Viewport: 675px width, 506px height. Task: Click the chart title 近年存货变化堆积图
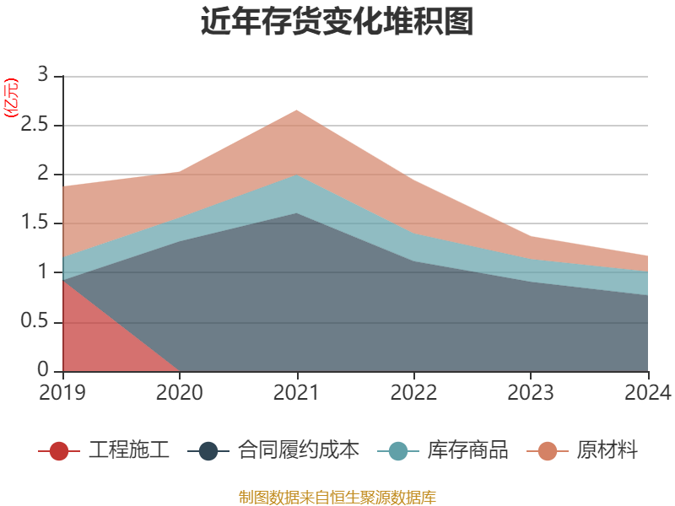[337, 22]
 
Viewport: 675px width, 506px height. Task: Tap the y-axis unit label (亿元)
[12, 100]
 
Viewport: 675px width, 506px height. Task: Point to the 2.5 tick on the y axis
[39, 126]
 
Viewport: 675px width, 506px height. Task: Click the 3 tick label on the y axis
[44, 76]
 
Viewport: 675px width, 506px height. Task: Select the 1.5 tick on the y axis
[39, 223]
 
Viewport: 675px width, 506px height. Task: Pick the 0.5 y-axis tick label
[39, 322]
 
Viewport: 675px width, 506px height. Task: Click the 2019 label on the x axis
[62, 393]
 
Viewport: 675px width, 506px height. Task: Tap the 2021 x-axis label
[297, 393]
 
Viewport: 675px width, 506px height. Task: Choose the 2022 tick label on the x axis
[413, 393]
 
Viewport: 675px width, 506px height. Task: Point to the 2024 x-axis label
[648, 393]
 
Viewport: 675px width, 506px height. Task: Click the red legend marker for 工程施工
[59, 450]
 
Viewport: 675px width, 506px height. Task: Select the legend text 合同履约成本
[298, 450]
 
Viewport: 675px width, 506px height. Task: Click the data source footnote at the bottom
[337, 497]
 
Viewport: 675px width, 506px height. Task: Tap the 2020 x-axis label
[180, 393]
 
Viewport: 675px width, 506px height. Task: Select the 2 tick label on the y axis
[44, 175]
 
